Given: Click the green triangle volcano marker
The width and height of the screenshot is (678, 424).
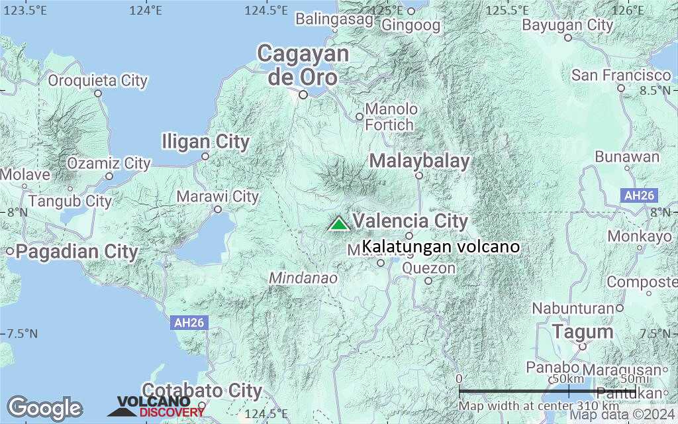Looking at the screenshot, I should tap(339, 224).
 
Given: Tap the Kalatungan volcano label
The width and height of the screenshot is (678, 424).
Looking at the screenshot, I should tap(440, 246).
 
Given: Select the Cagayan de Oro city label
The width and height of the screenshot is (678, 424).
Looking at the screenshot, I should tap(303, 65).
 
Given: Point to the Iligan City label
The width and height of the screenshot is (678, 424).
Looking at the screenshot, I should tap(206, 141).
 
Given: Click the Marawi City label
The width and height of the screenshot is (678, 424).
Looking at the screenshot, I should tap(217, 196).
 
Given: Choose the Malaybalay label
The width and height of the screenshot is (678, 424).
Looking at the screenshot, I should tap(419, 160).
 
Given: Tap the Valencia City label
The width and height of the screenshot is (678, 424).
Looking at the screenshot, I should tap(410, 221).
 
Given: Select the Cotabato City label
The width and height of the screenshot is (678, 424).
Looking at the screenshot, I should tap(202, 391).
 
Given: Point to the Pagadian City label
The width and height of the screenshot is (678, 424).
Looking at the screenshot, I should tap(77, 252).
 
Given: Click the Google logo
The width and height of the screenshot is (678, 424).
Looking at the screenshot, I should tap(44, 407).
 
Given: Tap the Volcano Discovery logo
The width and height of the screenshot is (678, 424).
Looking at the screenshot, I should tap(156, 406).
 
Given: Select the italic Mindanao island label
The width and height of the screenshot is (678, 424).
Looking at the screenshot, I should tap(303, 278).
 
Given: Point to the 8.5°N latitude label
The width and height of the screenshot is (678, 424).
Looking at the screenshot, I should tap(655, 89).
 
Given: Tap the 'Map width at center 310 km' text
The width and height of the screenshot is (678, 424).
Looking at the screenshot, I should tap(540, 405).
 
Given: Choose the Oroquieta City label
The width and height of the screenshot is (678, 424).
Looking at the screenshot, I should tap(98, 81).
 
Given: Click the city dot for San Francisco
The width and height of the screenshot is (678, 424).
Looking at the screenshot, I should tap(621, 87).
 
